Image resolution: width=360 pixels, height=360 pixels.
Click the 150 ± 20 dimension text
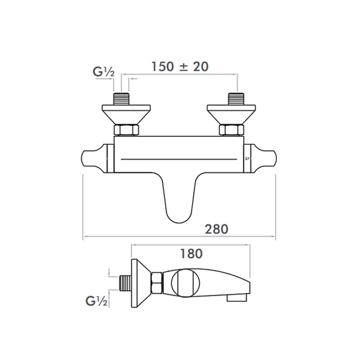coord(180,67)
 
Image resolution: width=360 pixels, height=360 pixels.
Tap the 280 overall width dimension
coord(217,229)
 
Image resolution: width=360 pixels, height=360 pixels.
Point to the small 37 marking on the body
coord(247,159)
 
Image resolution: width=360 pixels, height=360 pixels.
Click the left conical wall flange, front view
coord(125,114)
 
